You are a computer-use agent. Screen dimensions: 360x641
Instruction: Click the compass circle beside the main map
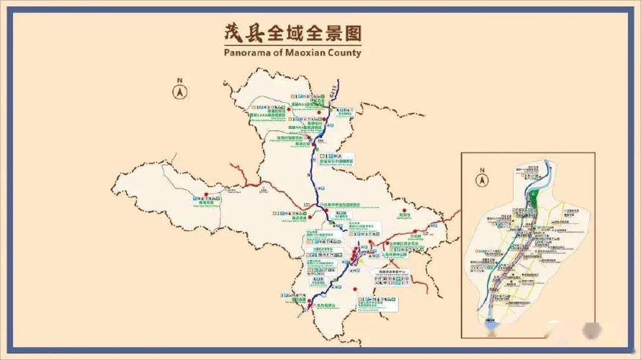click(x=179, y=92)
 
